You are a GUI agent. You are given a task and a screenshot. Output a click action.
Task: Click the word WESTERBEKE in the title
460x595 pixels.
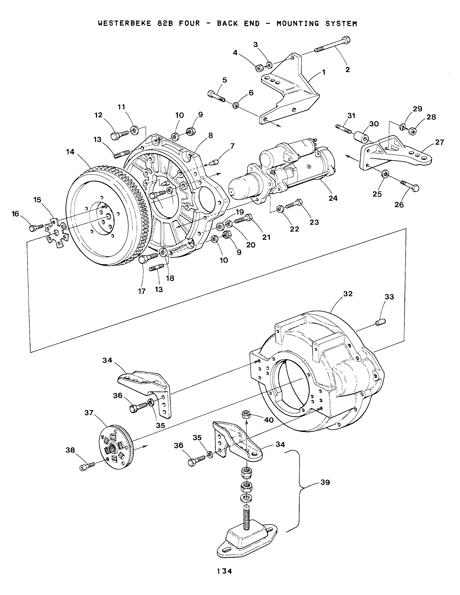[x=124, y=23]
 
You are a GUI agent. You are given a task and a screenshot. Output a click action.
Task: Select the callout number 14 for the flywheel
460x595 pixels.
[x=70, y=152]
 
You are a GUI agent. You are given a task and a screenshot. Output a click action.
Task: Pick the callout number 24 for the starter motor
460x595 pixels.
[x=333, y=198]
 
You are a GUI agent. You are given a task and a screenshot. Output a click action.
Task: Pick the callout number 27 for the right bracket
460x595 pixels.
[x=439, y=142]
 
